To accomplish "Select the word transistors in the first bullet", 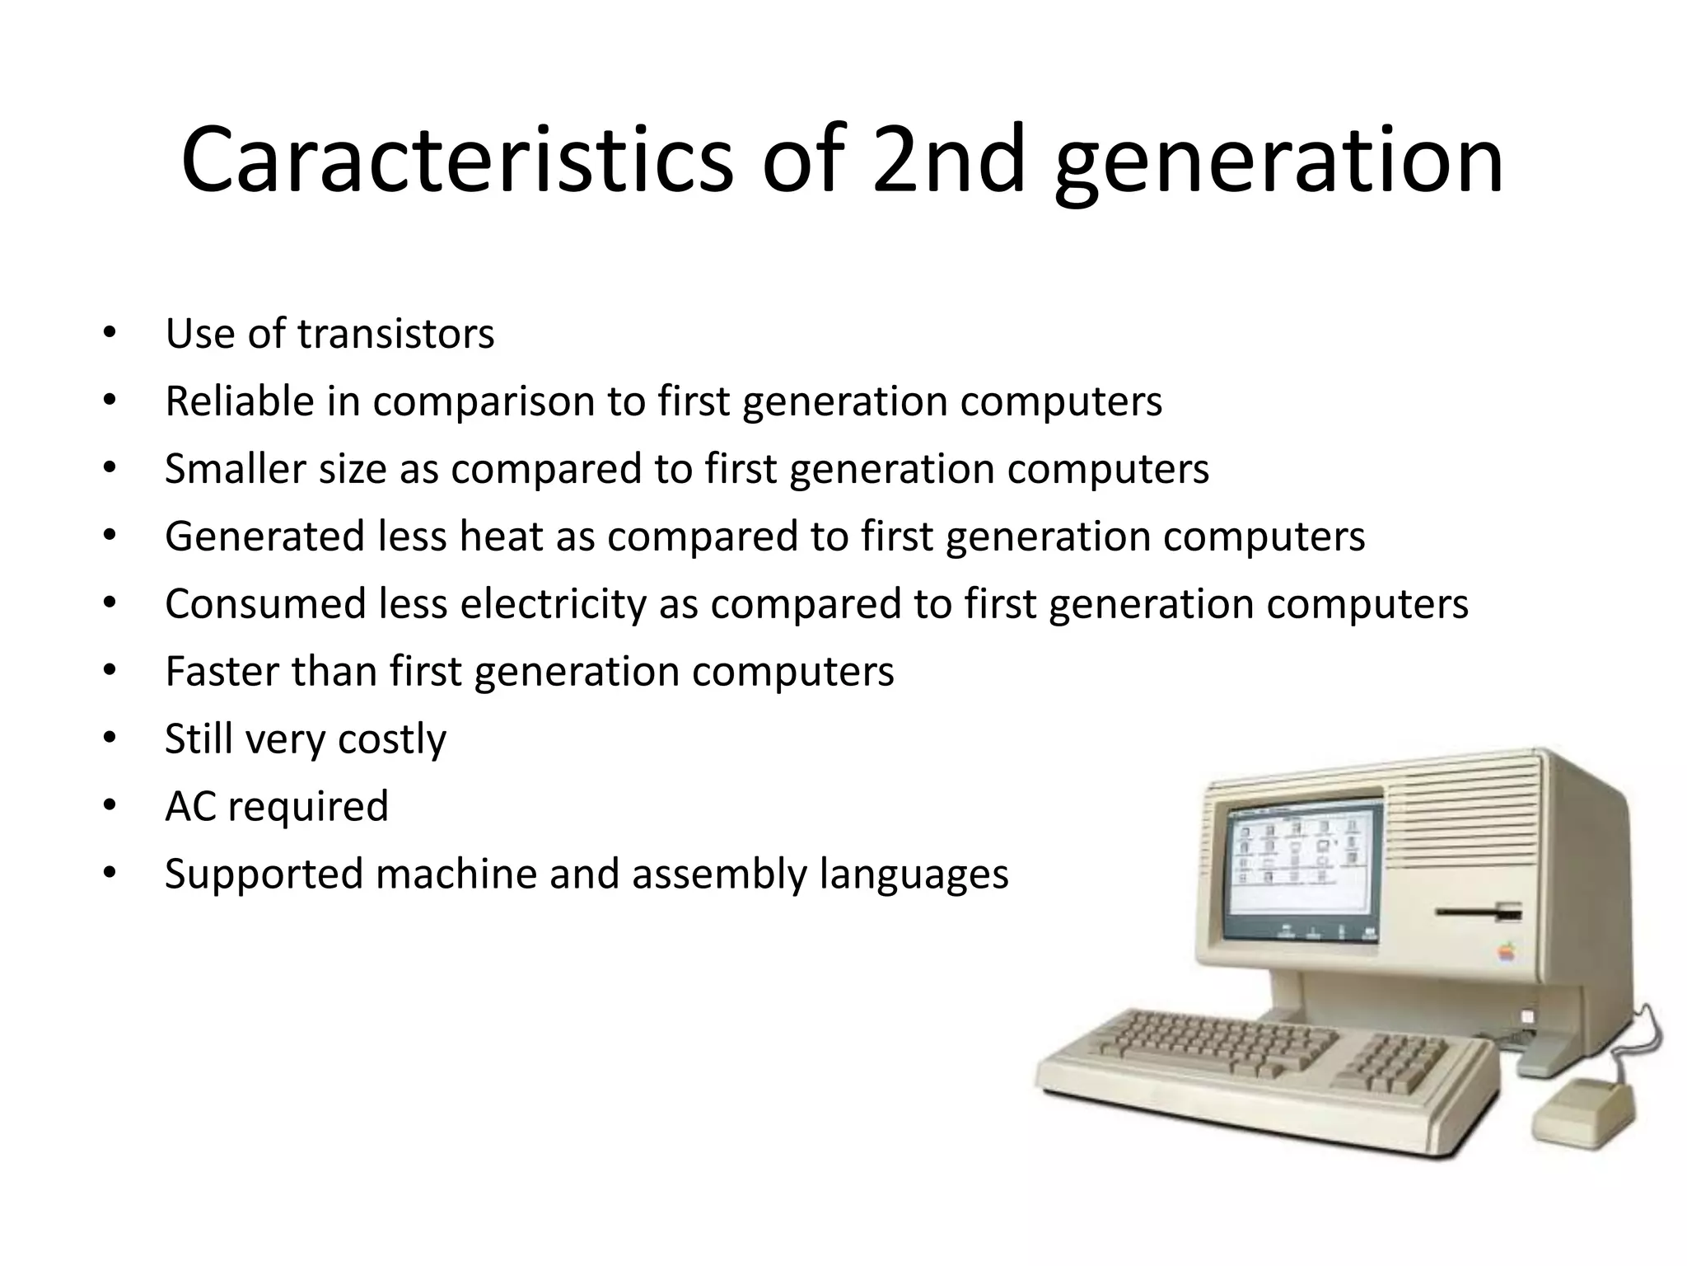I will pos(395,334).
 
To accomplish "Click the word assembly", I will pos(719,874).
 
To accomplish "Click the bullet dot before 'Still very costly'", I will pos(110,738).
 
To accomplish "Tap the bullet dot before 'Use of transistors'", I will pos(110,334).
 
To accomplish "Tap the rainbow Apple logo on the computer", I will pos(1507,953).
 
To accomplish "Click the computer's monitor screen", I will pos(1301,872).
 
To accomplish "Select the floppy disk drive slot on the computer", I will pos(1478,912).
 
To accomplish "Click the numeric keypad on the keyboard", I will pos(1392,1062).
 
